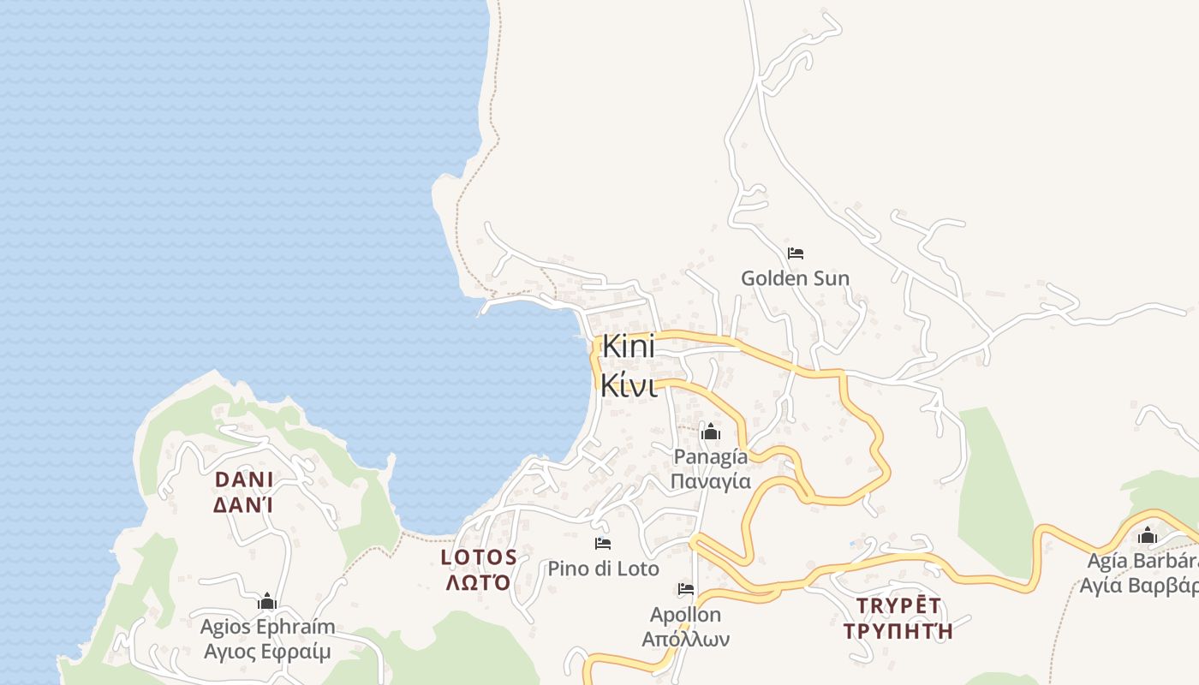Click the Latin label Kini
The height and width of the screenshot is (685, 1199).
(x=629, y=347)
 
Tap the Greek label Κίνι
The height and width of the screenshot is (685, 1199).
(x=629, y=385)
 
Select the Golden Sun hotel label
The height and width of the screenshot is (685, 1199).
(x=795, y=278)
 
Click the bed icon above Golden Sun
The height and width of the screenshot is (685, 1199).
(x=796, y=253)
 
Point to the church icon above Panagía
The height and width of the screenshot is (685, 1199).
(x=710, y=432)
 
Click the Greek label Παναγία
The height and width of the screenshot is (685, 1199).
(x=710, y=481)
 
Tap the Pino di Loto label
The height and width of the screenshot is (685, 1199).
(x=603, y=569)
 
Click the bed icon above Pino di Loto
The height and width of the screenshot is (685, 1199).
(x=603, y=544)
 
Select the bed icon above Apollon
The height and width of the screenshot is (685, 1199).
(x=686, y=589)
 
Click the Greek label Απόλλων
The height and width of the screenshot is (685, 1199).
(x=686, y=639)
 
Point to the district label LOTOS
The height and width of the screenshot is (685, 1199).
(x=479, y=557)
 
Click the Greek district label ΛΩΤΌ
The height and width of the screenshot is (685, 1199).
(x=479, y=582)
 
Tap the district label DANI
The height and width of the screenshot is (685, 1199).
(x=244, y=479)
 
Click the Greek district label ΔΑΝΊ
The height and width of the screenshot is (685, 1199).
(x=244, y=504)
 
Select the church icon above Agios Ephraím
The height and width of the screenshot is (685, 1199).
(x=267, y=602)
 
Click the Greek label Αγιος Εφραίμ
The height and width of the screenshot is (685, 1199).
(x=267, y=652)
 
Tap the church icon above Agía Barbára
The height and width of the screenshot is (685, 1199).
(x=1147, y=537)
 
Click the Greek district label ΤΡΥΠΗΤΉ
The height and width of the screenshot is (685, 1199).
(x=898, y=631)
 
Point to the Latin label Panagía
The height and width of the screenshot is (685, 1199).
(x=710, y=456)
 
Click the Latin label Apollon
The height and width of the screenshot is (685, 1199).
(x=686, y=615)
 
